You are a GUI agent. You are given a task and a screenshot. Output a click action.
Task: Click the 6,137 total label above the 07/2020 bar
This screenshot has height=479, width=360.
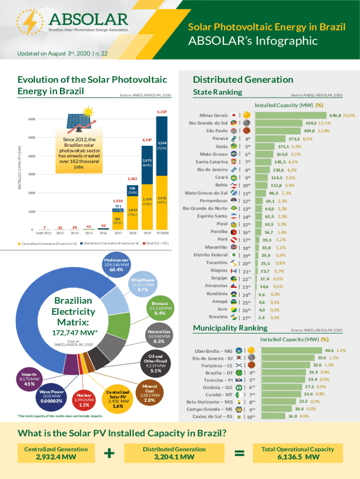pos(162,112)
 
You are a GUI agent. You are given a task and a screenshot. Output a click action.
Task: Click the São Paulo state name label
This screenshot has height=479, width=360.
pos(215,131)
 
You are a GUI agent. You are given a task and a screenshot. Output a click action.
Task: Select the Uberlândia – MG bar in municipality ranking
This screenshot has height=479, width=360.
pos(287,350)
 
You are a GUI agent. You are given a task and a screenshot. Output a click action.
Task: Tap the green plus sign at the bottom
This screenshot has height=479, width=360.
pos(110,453)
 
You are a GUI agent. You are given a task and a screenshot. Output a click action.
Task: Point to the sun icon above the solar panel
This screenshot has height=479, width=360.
pos(87,112)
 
